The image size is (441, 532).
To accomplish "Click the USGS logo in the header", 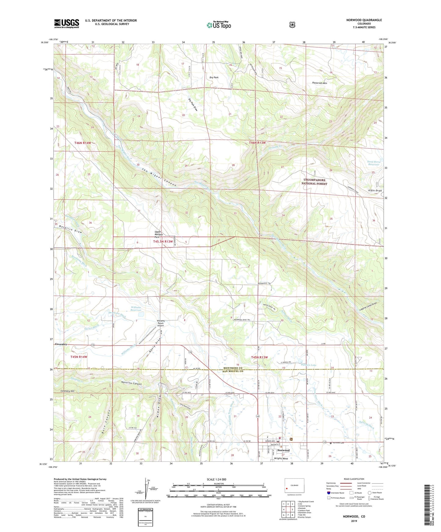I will pos(67,23).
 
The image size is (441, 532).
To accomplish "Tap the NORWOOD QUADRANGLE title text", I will pos(364,20).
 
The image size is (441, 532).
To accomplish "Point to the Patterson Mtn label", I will pos(320,83).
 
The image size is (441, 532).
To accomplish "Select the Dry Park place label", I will pos(214,77).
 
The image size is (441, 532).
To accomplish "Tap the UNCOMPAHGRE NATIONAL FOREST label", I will pos(314,182).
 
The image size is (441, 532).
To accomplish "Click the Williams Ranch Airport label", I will pos(161,323).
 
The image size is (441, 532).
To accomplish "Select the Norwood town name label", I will pos(284,450).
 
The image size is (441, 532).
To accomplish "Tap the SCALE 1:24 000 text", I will pos(216,479).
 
